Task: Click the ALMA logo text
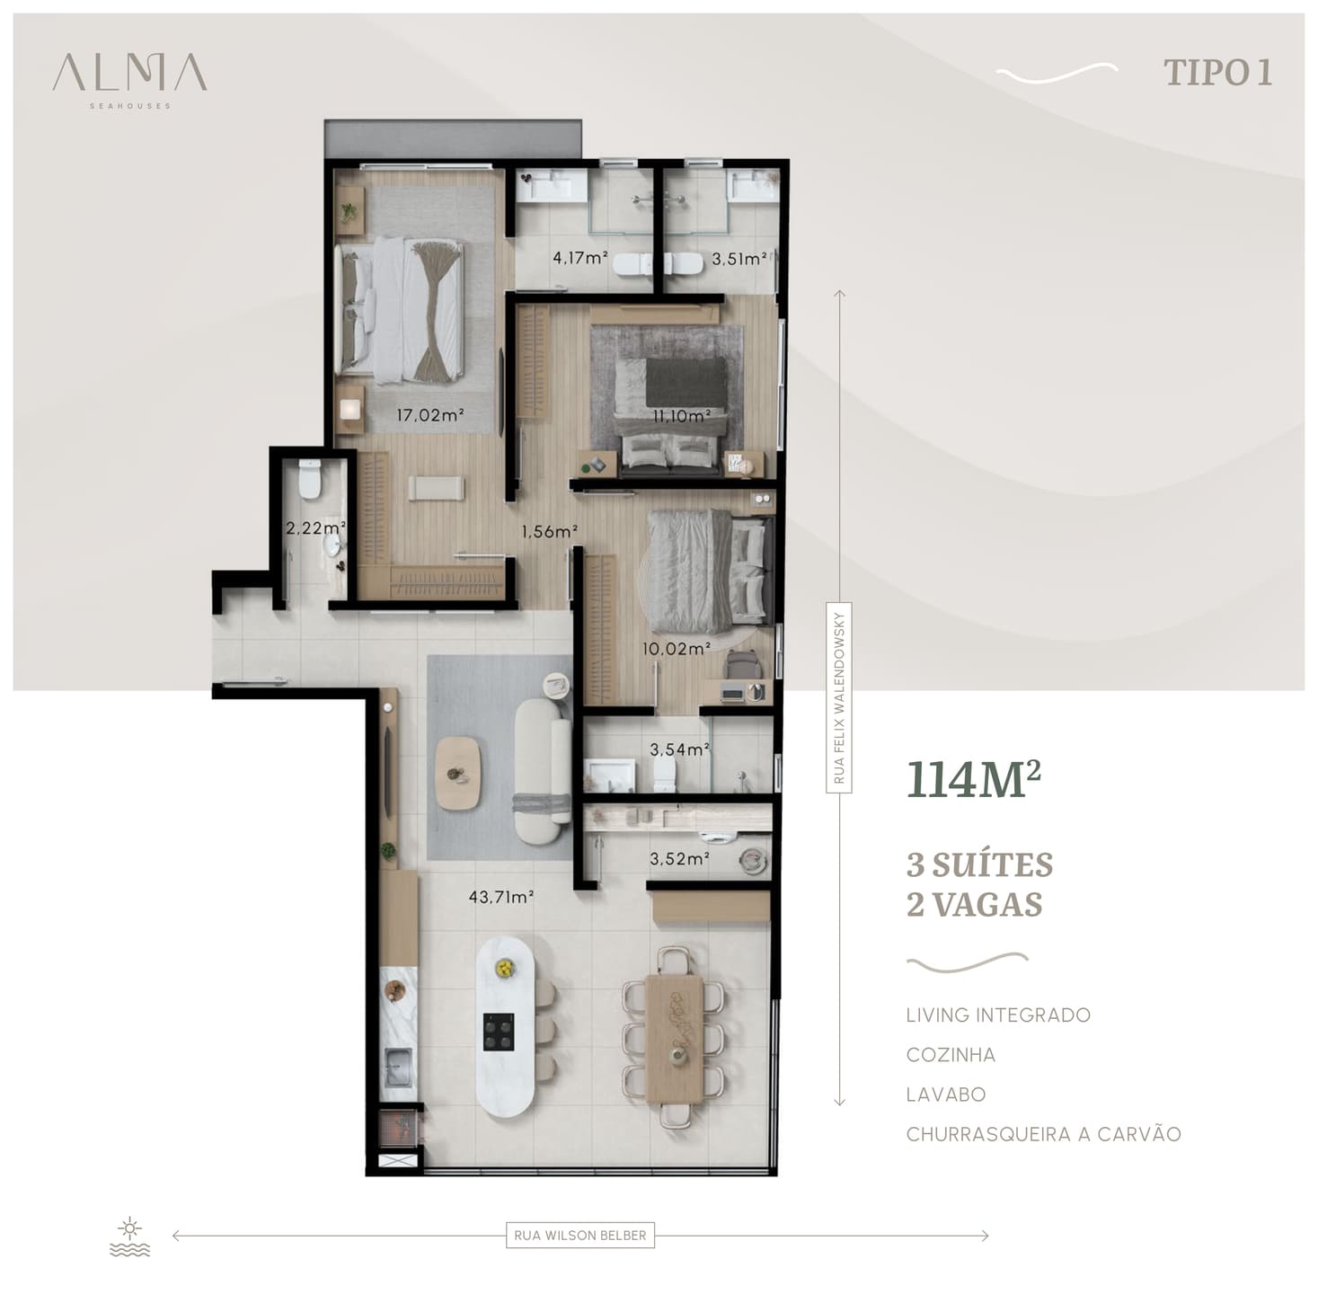tap(130, 73)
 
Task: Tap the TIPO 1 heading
tap(1217, 73)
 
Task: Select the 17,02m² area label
tap(430, 414)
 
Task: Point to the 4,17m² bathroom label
tap(580, 258)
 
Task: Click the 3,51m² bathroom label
tap(739, 260)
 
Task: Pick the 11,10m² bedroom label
tap(681, 415)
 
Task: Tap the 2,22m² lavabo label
tap(315, 528)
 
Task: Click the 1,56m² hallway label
tap(549, 532)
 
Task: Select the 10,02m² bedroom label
tap(677, 648)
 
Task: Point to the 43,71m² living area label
tap(500, 897)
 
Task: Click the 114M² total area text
tap(973, 779)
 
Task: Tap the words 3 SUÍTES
tap(979, 865)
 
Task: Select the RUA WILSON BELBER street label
tap(580, 1236)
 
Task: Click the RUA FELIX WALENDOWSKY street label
tap(839, 697)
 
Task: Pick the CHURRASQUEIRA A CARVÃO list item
tap(1044, 1134)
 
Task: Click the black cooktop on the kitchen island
tap(500, 1032)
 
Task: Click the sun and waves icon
tap(130, 1237)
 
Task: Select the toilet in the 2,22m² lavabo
tap(310, 478)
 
